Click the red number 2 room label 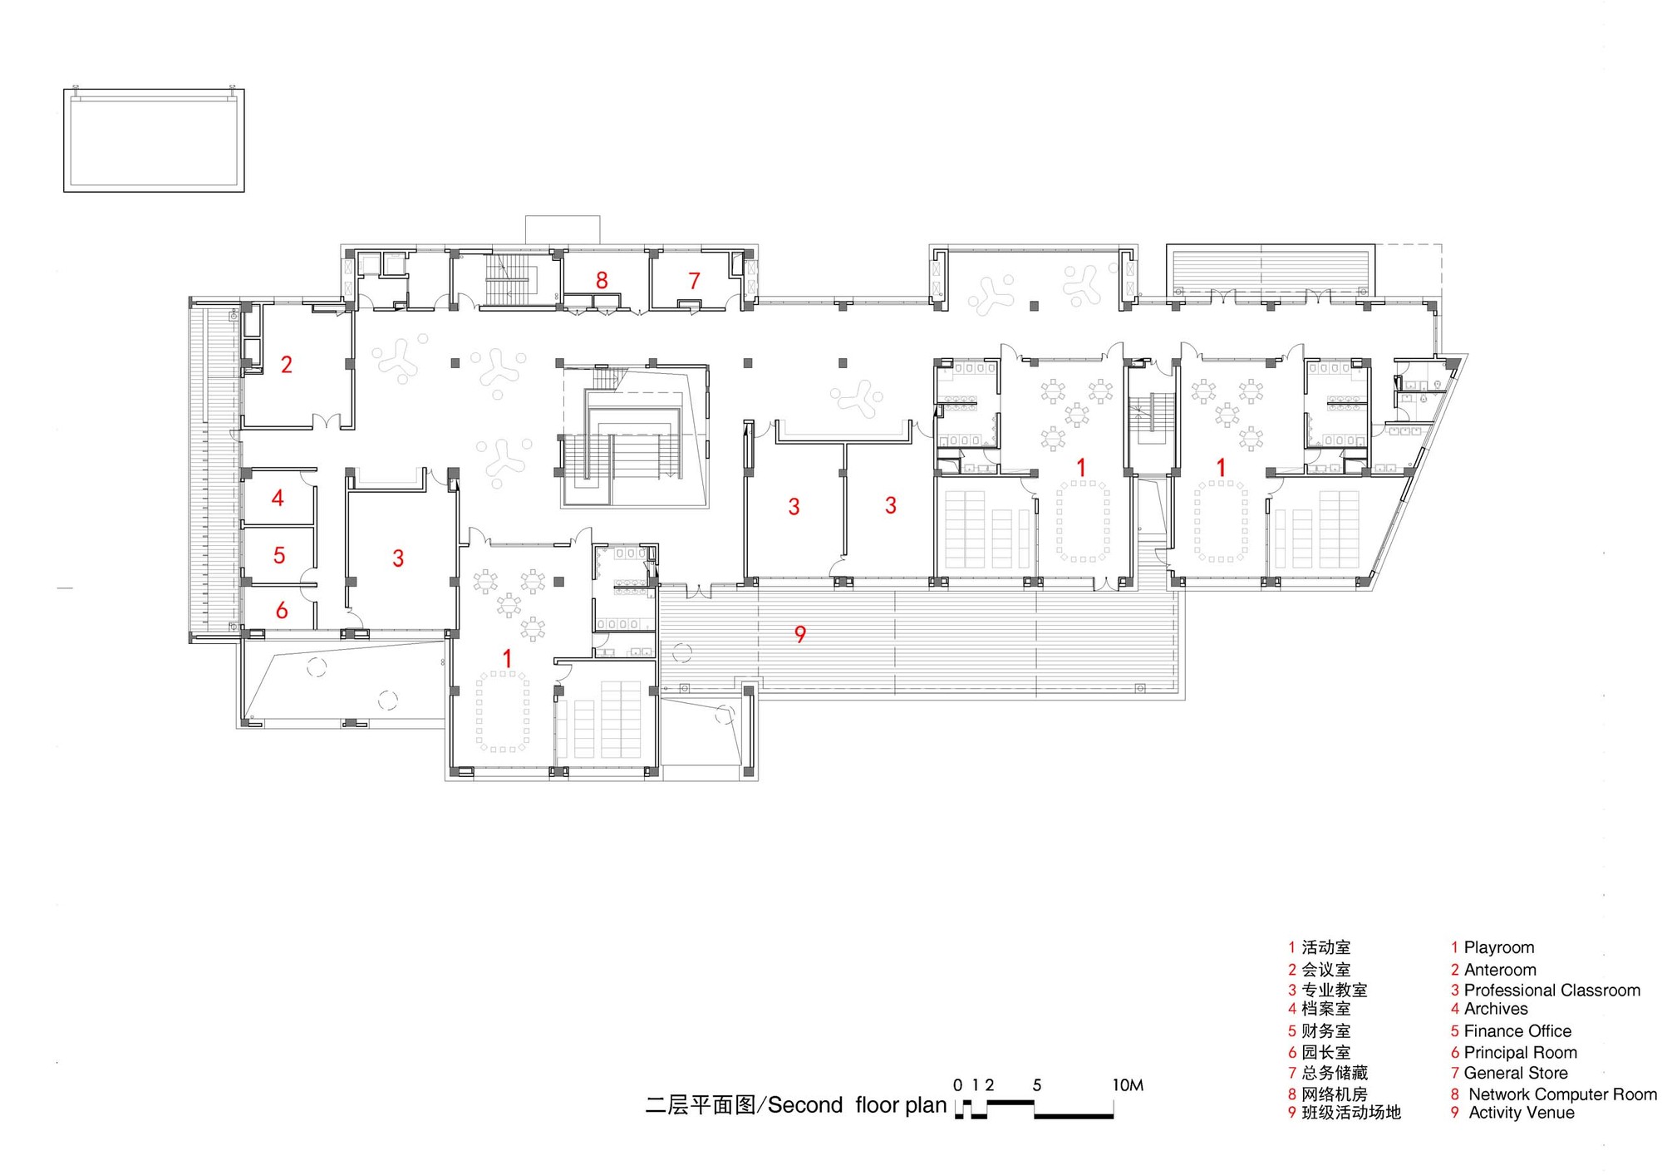pos(287,364)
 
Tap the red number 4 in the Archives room pos(278,498)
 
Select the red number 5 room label pos(279,555)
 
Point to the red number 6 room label pos(282,611)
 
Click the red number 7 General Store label pos(694,281)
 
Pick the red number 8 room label pos(602,280)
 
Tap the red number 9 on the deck pos(800,635)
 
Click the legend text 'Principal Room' pos(1520,1052)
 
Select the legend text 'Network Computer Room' pos(1562,1094)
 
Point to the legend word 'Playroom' pos(1498,947)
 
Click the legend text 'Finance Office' pos(1517,1031)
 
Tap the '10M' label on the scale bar pos(1128,1084)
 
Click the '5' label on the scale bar pos(1036,1084)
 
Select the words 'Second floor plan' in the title pos(857,1105)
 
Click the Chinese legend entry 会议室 pos(1325,970)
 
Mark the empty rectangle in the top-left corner pos(154,140)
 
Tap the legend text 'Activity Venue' pos(1521,1113)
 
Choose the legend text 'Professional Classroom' pos(1551,991)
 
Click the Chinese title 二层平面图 pos(700,1105)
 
